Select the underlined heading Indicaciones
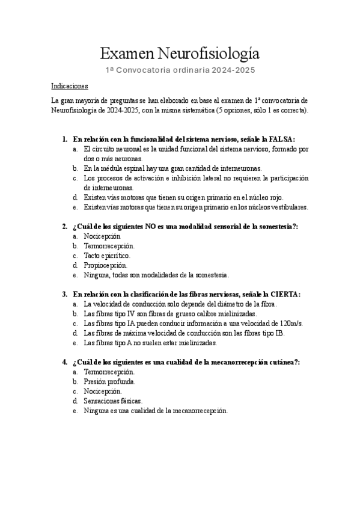click(x=70, y=86)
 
